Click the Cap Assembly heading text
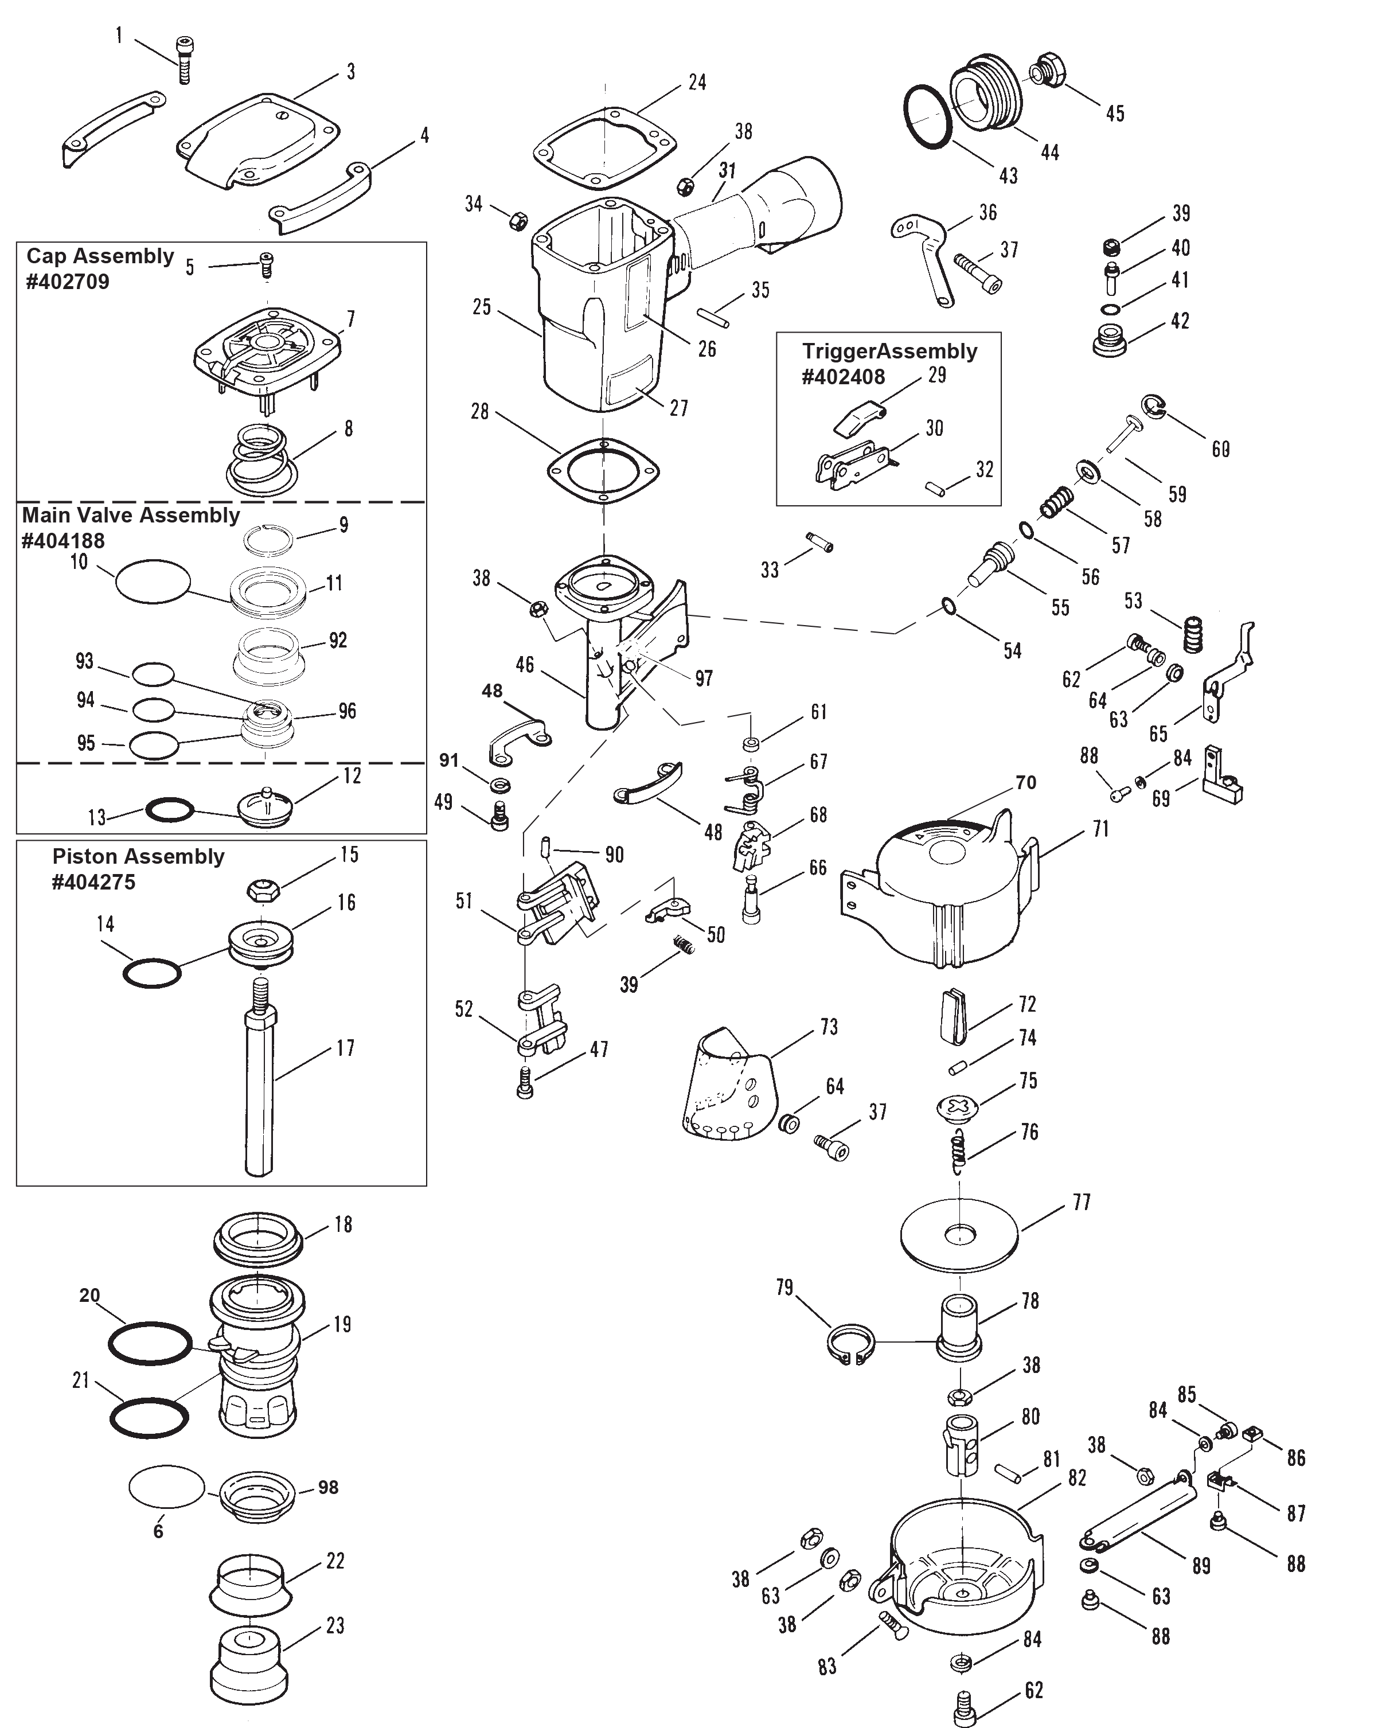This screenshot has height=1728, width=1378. click(100, 256)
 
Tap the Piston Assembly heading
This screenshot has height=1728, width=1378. click(138, 856)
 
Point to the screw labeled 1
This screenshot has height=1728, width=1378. click(184, 61)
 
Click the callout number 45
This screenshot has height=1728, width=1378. click(1114, 114)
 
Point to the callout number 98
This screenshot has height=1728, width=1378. click(327, 1488)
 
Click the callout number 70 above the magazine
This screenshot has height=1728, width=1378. click(1025, 782)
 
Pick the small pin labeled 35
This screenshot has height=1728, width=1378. click(719, 315)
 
